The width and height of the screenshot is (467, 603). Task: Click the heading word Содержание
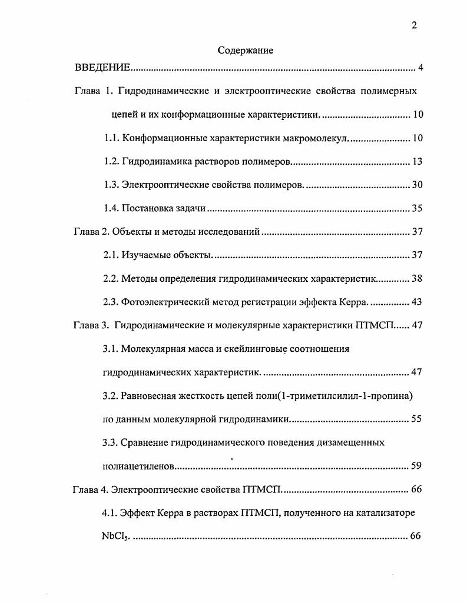[x=246, y=51]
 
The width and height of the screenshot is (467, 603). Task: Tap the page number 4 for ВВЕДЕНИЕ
[x=420, y=68]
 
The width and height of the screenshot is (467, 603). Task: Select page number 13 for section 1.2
[x=417, y=162]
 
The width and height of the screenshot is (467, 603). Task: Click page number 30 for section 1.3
[x=417, y=185]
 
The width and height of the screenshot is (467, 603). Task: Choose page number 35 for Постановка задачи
[x=417, y=208]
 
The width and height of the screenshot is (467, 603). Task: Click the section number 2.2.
[x=111, y=279]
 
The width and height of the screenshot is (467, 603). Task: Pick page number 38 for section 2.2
[x=417, y=279]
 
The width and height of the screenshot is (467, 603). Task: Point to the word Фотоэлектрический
[x=166, y=302]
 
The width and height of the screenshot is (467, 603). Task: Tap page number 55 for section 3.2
[x=417, y=419]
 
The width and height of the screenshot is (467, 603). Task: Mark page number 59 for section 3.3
[x=417, y=467]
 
